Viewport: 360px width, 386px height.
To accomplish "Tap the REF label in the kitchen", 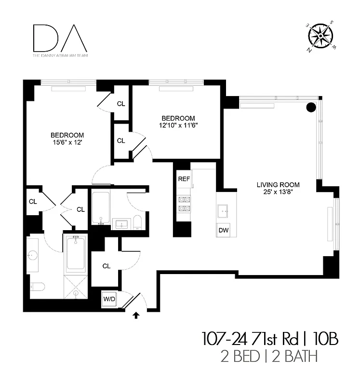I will point(184,179).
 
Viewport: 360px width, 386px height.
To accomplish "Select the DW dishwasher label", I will point(223,231).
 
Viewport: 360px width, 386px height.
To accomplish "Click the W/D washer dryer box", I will point(109,299).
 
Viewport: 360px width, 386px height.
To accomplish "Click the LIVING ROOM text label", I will point(278,184).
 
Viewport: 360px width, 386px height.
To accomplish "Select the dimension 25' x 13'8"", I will point(278,192).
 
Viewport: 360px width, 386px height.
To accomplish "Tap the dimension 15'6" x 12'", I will point(67,143).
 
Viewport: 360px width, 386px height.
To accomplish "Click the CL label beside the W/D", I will point(107,266).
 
